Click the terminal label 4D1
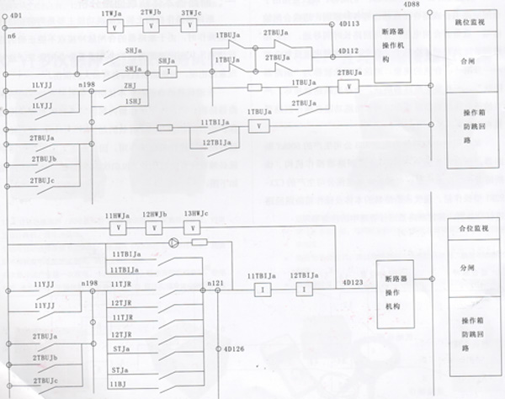coord(16,16)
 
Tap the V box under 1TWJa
coord(114,25)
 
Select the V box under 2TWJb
coord(151,25)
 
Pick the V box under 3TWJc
coord(190,25)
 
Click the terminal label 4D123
coord(351,283)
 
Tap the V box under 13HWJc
coord(194,227)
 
